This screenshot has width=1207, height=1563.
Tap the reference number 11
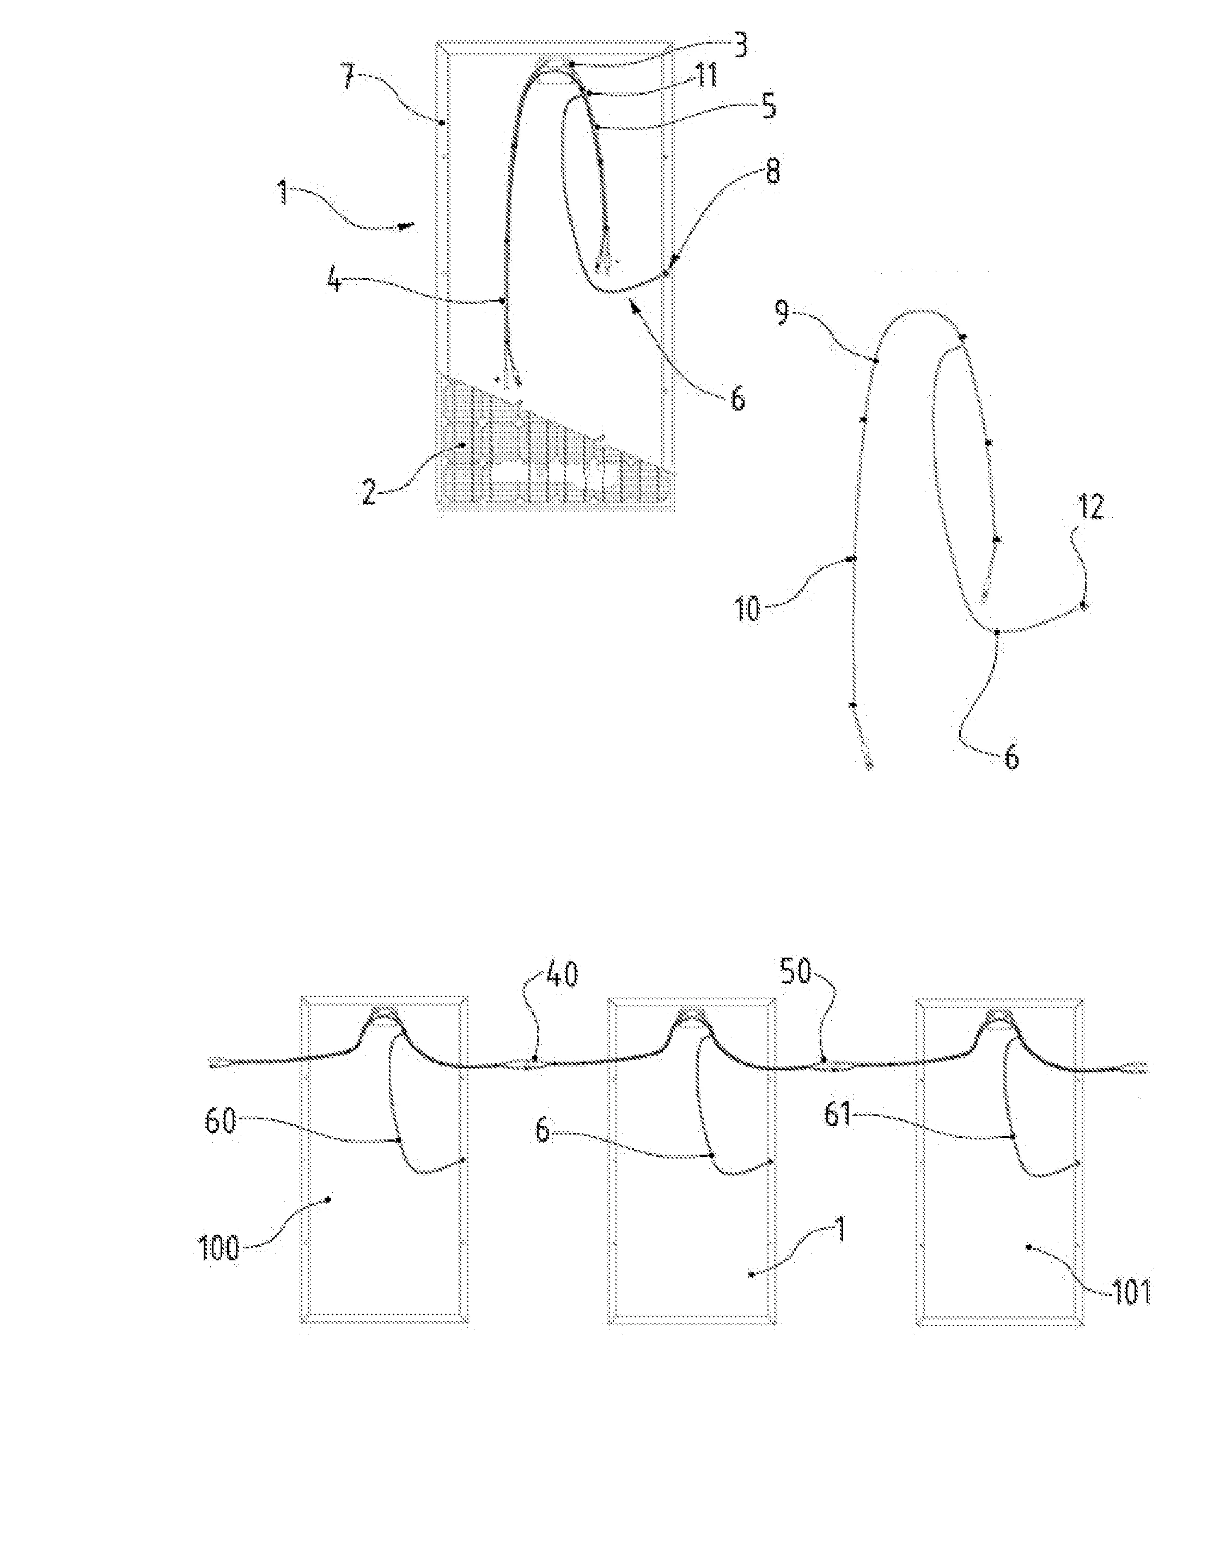click(x=706, y=75)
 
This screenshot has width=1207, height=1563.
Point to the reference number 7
click(x=348, y=77)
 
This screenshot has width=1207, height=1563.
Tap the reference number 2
click(x=369, y=492)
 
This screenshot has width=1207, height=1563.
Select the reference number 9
click(x=783, y=314)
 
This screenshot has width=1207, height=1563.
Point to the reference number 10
click(x=748, y=610)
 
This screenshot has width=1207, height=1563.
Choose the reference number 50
click(x=796, y=972)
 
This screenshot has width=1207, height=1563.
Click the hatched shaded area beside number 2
click(x=501, y=458)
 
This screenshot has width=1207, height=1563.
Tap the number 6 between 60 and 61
click(x=542, y=1131)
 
